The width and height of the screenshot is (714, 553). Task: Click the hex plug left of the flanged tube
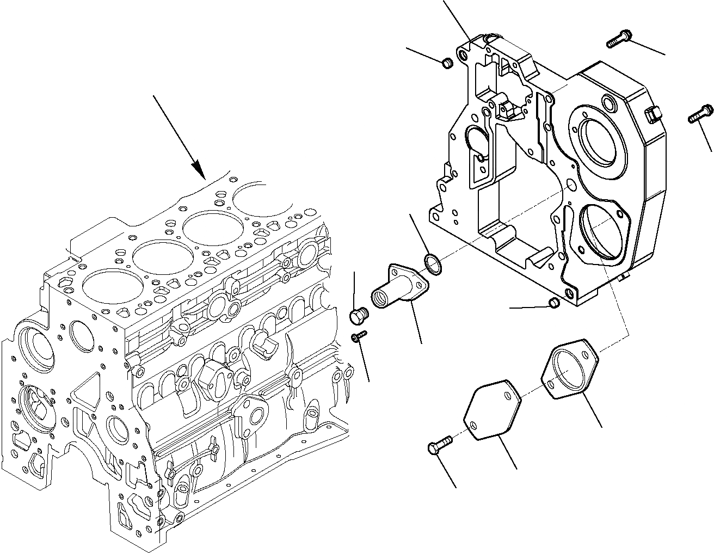coord(357,315)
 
